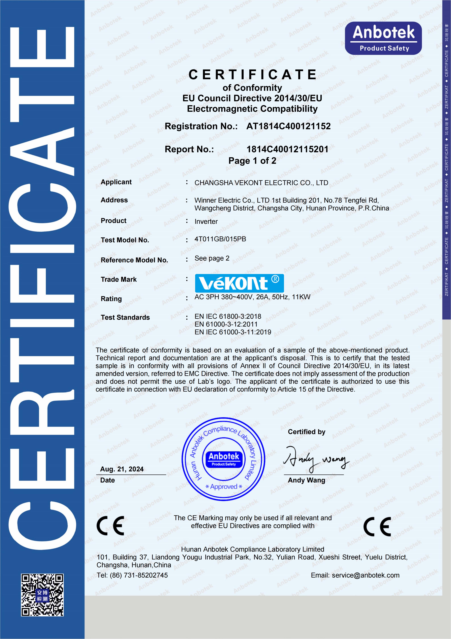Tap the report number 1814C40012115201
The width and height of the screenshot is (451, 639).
(x=287, y=149)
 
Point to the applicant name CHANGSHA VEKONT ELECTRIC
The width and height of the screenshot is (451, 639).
(x=261, y=183)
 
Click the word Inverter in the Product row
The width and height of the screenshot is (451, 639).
(x=206, y=222)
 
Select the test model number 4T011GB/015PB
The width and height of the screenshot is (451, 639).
(x=220, y=239)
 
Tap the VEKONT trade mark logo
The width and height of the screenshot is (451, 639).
(x=239, y=283)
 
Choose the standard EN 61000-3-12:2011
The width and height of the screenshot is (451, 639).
(x=226, y=324)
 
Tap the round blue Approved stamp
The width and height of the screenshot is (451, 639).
(x=223, y=459)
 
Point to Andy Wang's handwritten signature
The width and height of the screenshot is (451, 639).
(x=315, y=459)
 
